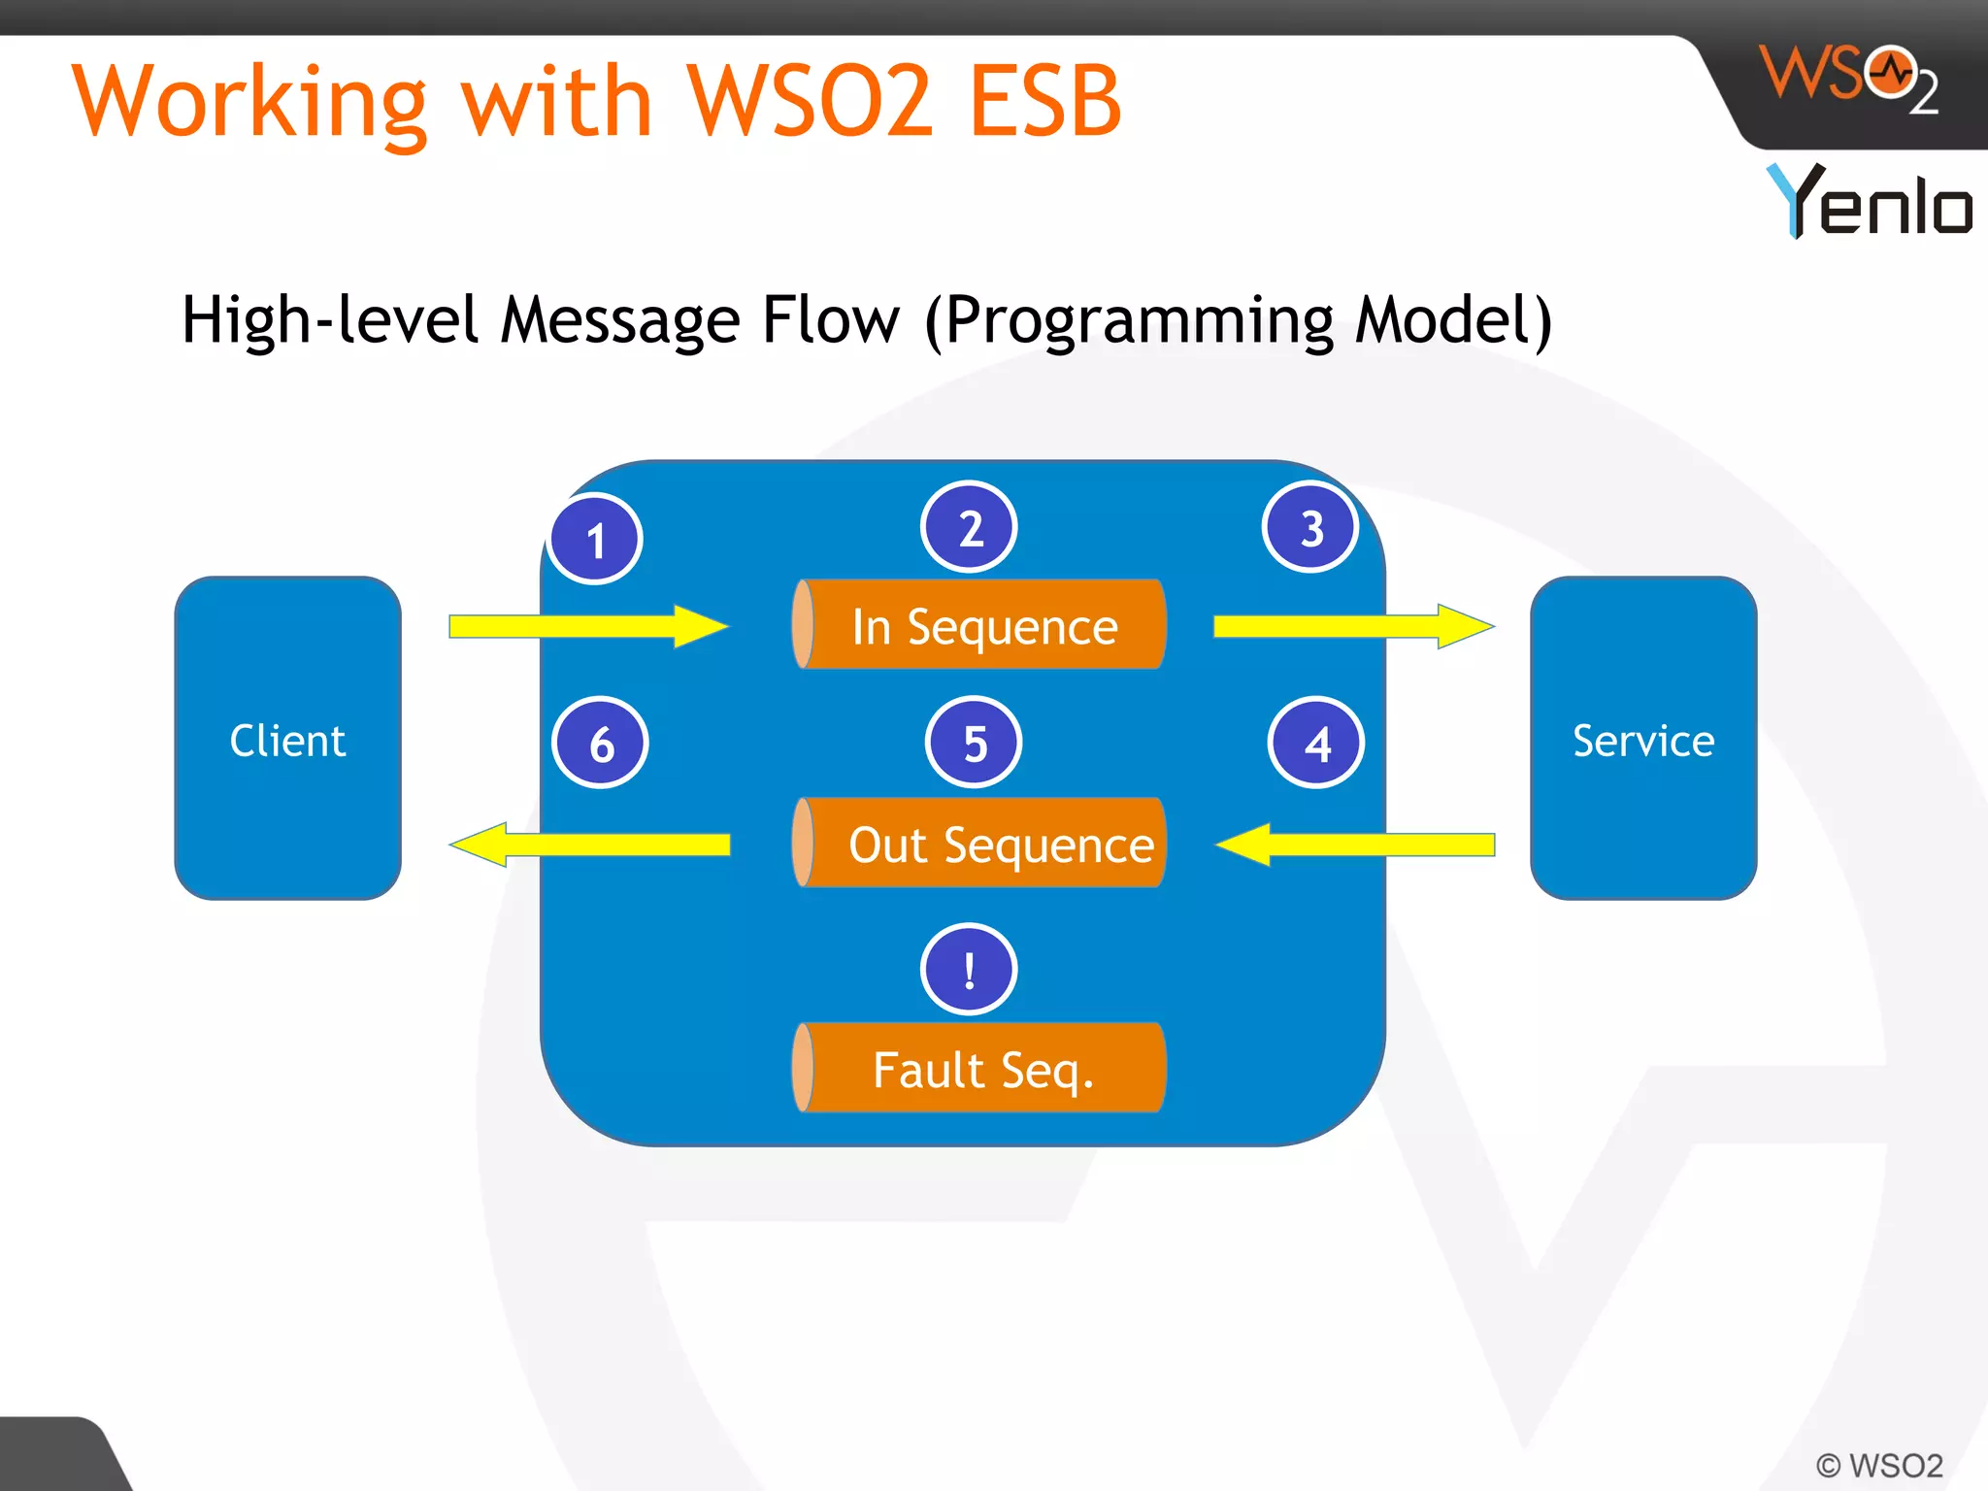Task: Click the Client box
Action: pyautogui.click(x=287, y=738)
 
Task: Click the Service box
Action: pyautogui.click(x=1642, y=738)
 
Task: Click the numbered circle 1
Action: pyautogui.click(x=595, y=539)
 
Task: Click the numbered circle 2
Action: pyautogui.click(x=969, y=527)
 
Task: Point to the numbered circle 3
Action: pyautogui.click(x=1310, y=527)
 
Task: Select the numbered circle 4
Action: pyautogui.click(x=1316, y=743)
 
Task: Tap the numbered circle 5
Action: pyautogui.click(x=974, y=743)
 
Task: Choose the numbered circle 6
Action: pyautogui.click(x=600, y=743)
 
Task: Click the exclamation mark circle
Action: pyautogui.click(x=969, y=969)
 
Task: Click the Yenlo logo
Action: pyautogui.click(x=1868, y=201)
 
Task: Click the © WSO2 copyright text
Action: pyautogui.click(x=1879, y=1465)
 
